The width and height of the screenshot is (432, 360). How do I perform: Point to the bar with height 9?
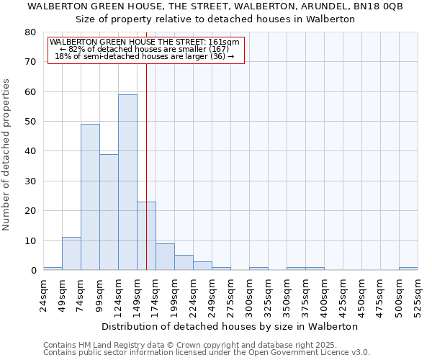[x=165, y=257]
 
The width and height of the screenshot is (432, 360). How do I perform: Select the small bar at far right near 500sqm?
[x=408, y=269]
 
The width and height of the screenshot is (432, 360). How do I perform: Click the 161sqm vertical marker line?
[x=146, y=144]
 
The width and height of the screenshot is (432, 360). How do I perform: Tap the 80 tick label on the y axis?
[x=30, y=32]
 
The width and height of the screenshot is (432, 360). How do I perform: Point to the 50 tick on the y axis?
[x=30, y=122]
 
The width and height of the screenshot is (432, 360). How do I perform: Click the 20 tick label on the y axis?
[x=30, y=211]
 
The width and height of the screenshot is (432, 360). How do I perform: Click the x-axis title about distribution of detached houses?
[x=230, y=326]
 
